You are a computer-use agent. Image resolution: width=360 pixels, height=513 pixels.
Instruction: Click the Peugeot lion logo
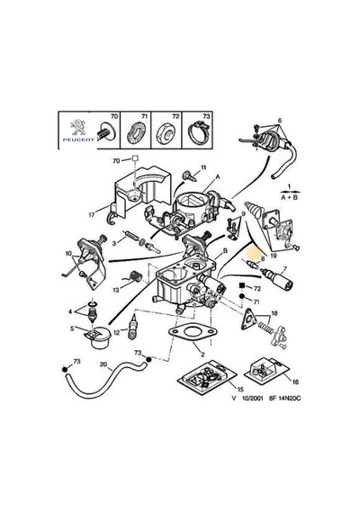pyautogui.click(x=77, y=127)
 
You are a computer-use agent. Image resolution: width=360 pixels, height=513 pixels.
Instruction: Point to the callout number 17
pyautogui.click(x=92, y=215)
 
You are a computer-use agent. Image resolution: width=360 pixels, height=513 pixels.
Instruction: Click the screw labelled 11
pyautogui.click(x=190, y=175)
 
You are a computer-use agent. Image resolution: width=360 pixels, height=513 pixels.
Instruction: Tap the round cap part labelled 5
pyautogui.click(x=96, y=337)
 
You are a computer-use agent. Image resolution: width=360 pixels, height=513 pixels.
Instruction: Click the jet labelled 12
pyautogui.click(x=133, y=328)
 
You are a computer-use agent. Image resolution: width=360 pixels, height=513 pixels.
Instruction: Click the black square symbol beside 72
pyautogui.click(x=242, y=285)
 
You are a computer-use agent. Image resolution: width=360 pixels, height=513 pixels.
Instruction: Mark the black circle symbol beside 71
pyautogui.click(x=242, y=296)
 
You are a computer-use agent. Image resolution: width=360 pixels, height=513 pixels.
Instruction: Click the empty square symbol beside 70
pyautogui.click(x=135, y=159)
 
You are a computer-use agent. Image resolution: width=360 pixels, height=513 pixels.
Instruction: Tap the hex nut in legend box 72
pyautogui.click(x=166, y=134)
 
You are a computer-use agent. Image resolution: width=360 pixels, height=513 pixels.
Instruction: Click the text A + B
pyautogui.click(x=289, y=198)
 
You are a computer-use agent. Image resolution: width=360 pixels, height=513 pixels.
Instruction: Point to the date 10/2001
pyautogui.click(x=252, y=399)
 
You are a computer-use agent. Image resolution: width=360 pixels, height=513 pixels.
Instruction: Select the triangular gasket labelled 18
pyautogui.click(x=247, y=319)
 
